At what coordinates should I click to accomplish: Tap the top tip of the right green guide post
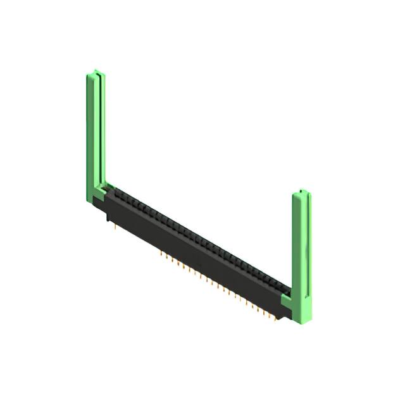[x=302, y=191]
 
